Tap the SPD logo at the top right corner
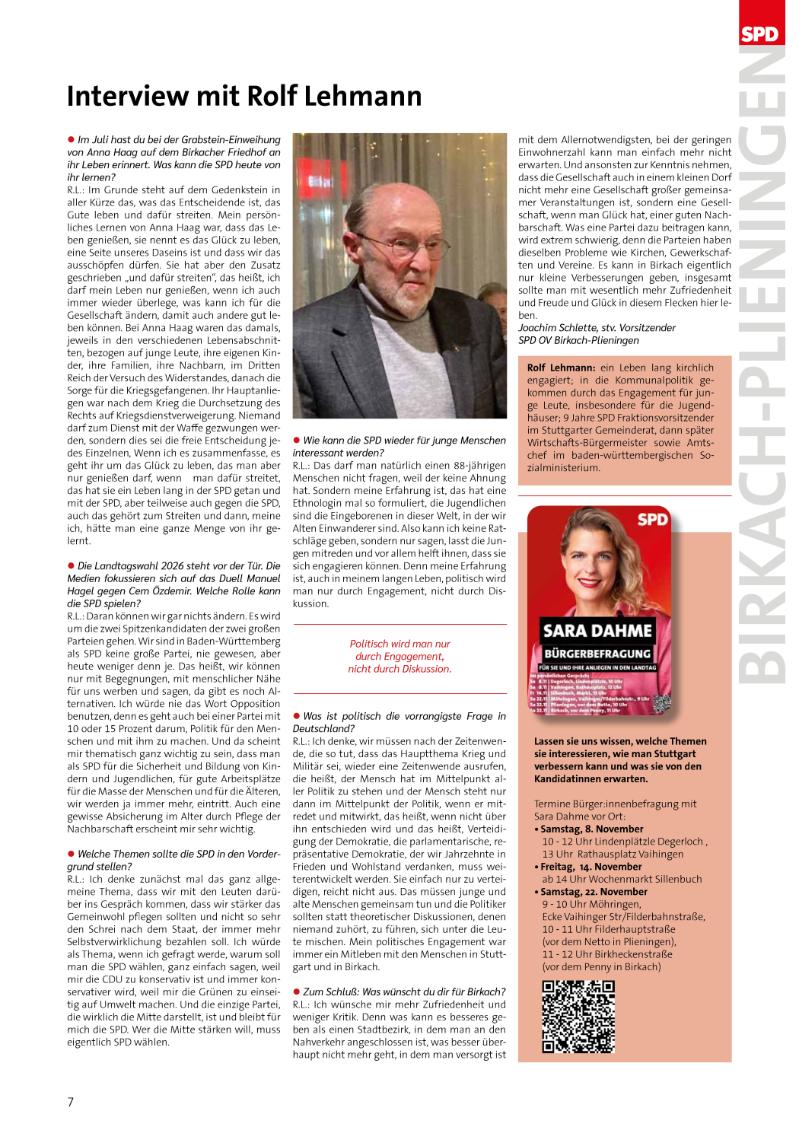click(759, 33)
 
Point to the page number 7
click(71, 1102)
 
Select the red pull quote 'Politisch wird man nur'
click(399, 644)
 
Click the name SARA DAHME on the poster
click(597, 631)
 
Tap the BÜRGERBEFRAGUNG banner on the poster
click(597, 654)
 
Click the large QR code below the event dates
click(578, 1017)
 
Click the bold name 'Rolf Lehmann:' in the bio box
click(561, 368)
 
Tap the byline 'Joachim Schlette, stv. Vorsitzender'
click(597, 328)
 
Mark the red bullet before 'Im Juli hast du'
click(71, 139)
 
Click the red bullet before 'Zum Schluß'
click(297, 992)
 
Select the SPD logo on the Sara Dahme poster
click(652, 520)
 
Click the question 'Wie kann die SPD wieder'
click(404, 441)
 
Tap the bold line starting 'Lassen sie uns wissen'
click(620, 741)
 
